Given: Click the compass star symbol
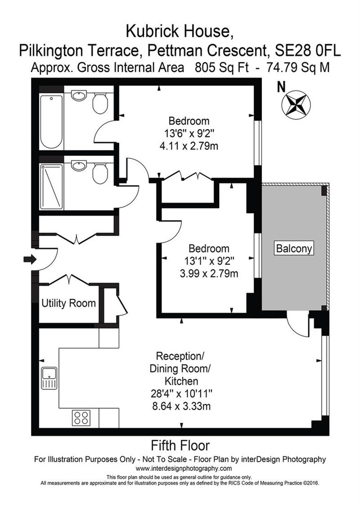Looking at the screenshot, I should [294, 104].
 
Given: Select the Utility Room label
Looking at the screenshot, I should [69, 303].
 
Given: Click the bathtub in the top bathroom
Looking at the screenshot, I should [51, 122].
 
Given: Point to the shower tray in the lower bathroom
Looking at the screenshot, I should [51, 186].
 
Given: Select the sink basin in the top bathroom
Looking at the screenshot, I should [79, 96].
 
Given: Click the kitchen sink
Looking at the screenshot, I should [49, 378].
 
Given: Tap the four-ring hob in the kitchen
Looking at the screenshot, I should [81, 418].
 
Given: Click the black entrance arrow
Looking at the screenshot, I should [29, 259].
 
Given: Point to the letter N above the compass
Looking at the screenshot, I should [281, 87].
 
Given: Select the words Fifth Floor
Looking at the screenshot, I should [180, 445].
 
